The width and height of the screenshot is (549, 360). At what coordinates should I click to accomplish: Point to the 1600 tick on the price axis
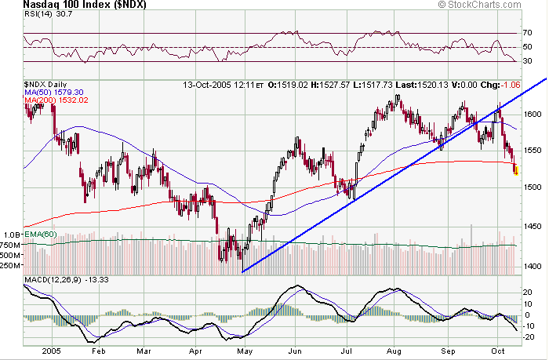533,115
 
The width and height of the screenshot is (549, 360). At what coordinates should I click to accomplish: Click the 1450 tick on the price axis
533,227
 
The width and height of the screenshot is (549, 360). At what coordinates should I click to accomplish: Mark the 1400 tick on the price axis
533,267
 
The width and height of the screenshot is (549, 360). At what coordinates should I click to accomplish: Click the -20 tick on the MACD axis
530,337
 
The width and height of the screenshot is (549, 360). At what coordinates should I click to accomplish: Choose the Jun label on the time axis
296,351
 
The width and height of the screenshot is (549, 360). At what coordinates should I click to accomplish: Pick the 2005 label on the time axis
53,351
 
